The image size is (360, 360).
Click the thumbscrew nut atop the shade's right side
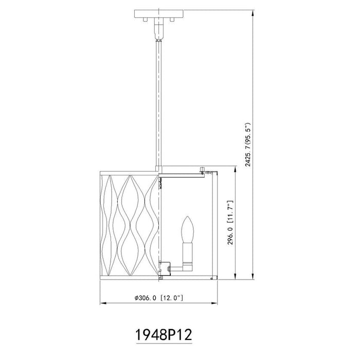202,169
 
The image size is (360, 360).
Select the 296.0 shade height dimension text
230,222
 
